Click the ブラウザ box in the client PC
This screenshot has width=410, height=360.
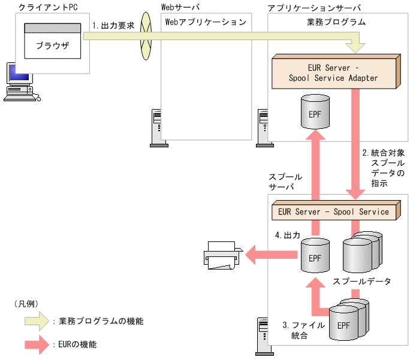click(x=52, y=45)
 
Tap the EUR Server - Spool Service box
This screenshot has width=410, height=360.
click(x=333, y=212)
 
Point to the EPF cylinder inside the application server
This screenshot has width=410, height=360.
click(x=315, y=113)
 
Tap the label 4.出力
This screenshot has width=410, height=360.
click(x=287, y=235)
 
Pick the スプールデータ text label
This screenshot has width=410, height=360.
click(x=361, y=280)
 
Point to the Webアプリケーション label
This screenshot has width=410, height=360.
click(x=206, y=22)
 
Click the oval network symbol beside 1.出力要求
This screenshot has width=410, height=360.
click(x=144, y=37)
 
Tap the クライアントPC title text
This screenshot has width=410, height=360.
click(x=49, y=7)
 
